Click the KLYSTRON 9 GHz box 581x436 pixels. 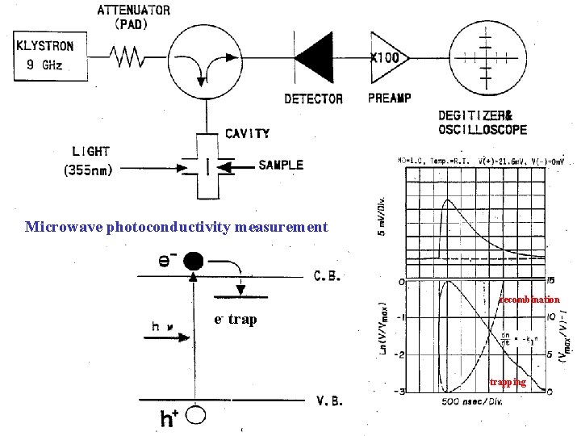tap(49, 56)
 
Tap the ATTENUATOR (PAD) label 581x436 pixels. tap(133, 17)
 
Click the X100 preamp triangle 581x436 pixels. tap(387, 57)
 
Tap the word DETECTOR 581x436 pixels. tap(314, 99)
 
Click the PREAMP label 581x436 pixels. tap(389, 98)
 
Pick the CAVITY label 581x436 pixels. tap(247, 133)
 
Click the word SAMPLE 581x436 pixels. tap(281, 165)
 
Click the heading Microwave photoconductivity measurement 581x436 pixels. tap(177, 227)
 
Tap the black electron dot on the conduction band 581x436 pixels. tap(193, 261)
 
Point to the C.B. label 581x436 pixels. tap(328, 275)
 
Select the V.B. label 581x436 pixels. tap(328, 401)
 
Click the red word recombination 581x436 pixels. tap(529, 300)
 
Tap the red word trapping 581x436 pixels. tap(508, 382)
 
